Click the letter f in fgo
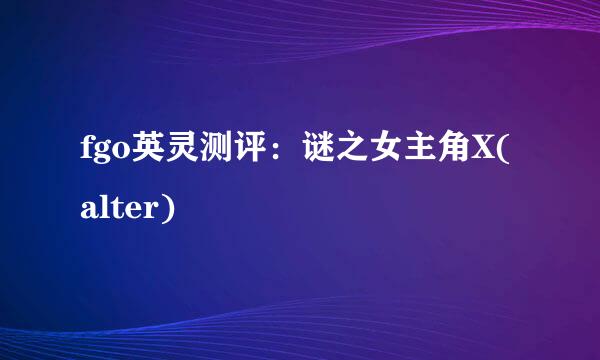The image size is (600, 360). pyautogui.click(x=84, y=158)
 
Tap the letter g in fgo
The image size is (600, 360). pyautogui.click(x=100, y=162)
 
